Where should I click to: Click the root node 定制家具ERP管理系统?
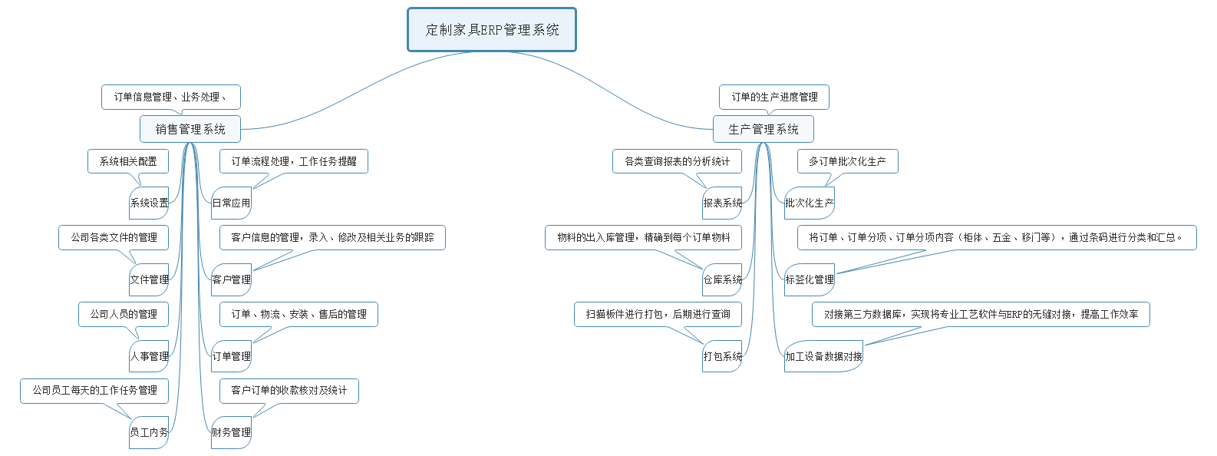coord(492,30)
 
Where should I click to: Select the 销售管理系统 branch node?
coord(190,129)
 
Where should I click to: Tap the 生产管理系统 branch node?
coord(763,129)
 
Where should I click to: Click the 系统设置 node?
coord(149,203)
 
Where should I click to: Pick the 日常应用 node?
coord(231,203)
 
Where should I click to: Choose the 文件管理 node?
coord(149,279)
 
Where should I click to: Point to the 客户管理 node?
coord(231,279)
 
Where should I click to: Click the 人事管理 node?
coord(149,356)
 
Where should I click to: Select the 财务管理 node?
coord(231,432)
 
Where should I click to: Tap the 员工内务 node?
coord(149,432)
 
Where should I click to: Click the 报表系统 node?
coord(722,203)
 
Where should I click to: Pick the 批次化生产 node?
coord(809,203)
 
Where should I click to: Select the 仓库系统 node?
coord(722,279)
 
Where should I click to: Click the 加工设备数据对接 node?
coord(823,356)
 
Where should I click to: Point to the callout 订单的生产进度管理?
coord(774,97)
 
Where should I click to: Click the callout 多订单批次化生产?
coord(847,161)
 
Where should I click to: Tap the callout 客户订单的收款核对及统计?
coord(289,390)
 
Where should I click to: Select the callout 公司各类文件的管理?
coord(114,237)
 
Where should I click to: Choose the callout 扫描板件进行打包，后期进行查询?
coord(658,314)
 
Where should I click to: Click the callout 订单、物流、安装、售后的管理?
coord(299,314)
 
